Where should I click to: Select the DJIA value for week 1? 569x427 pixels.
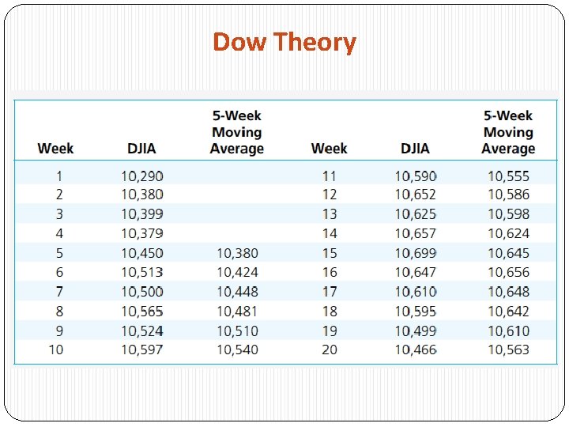click(x=142, y=176)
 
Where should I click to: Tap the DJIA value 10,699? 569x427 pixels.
click(x=416, y=253)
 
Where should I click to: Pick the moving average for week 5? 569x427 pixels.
click(x=237, y=253)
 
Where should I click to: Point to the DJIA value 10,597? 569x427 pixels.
click(x=142, y=350)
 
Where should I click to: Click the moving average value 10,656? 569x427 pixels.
click(x=508, y=272)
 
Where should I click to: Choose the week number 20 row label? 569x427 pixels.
click(x=330, y=350)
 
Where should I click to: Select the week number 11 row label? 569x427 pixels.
click(x=330, y=176)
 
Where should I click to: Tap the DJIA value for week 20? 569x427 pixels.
click(x=416, y=350)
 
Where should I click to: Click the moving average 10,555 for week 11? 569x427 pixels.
click(x=508, y=176)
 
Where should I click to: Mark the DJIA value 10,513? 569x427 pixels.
click(x=142, y=272)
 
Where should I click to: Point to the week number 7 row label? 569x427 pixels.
click(x=59, y=292)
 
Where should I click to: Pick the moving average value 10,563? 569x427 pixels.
click(x=508, y=350)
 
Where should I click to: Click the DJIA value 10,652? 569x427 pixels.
click(x=416, y=195)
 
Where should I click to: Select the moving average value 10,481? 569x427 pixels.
click(x=237, y=311)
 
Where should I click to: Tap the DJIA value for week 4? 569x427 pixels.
click(x=142, y=233)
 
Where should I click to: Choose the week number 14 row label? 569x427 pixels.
click(x=330, y=233)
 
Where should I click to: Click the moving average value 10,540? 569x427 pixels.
click(x=237, y=350)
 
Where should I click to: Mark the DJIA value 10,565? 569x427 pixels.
click(x=142, y=311)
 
